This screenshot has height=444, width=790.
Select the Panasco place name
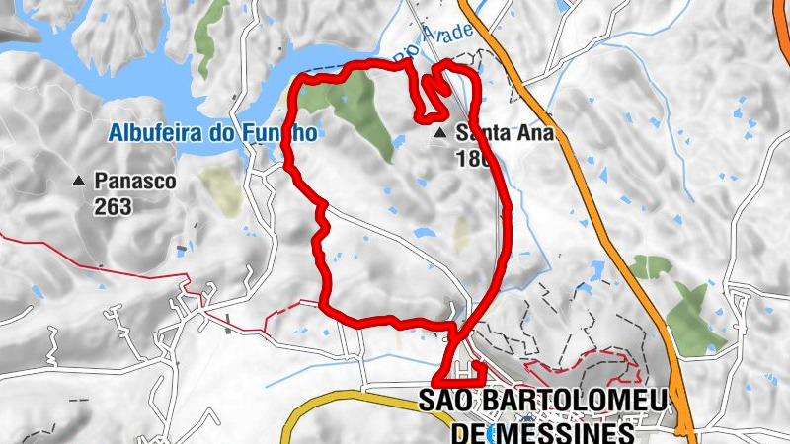[135, 182]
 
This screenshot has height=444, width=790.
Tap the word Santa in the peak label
[481, 131]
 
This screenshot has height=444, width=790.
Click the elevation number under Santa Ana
[473, 155]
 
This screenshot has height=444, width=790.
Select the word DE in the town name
[468, 432]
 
